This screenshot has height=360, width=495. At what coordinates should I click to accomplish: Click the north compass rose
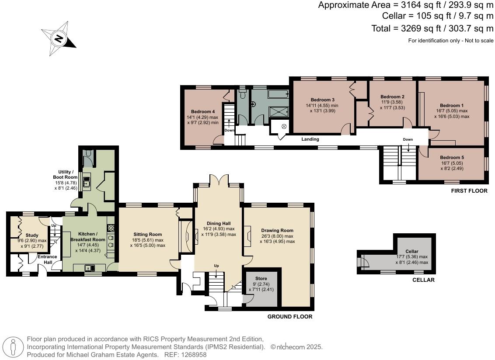tap(59, 38)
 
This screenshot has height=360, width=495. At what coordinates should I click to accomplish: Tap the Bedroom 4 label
tap(202, 111)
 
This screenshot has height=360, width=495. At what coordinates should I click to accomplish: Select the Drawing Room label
tap(277, 230)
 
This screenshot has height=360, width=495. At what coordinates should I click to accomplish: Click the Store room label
tap(261, 278)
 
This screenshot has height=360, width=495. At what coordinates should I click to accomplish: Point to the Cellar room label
tap(411, 251)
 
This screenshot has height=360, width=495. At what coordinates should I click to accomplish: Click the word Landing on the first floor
tap(310, 139)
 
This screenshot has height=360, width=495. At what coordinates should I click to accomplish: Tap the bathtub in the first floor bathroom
tap(279, 93)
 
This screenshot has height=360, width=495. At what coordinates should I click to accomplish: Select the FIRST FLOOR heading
tap(469, 190)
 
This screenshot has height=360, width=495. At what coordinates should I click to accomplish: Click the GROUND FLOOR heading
tap(290, 316)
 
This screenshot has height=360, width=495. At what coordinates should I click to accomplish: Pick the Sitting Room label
tap(147, 234)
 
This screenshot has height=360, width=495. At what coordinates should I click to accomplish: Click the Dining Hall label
tap(219, 223)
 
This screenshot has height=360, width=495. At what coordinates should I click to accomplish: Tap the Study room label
tap(32, 235)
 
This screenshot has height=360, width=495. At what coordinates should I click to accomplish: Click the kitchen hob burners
tap(111, 227)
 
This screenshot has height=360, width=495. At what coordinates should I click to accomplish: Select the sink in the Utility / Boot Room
tap(86, 182)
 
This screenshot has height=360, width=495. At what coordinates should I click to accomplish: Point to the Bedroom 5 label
tap(452, 157)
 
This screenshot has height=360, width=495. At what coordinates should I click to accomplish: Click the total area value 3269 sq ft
tap(421, 28)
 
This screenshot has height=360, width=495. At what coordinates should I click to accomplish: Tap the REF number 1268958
tap(194, 355)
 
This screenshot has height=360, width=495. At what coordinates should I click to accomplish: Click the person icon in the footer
tap(13, 347)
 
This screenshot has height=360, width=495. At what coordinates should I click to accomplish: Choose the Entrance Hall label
tap(47, 260)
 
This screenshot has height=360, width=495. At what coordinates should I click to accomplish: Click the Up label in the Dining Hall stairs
tap(216, 266)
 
